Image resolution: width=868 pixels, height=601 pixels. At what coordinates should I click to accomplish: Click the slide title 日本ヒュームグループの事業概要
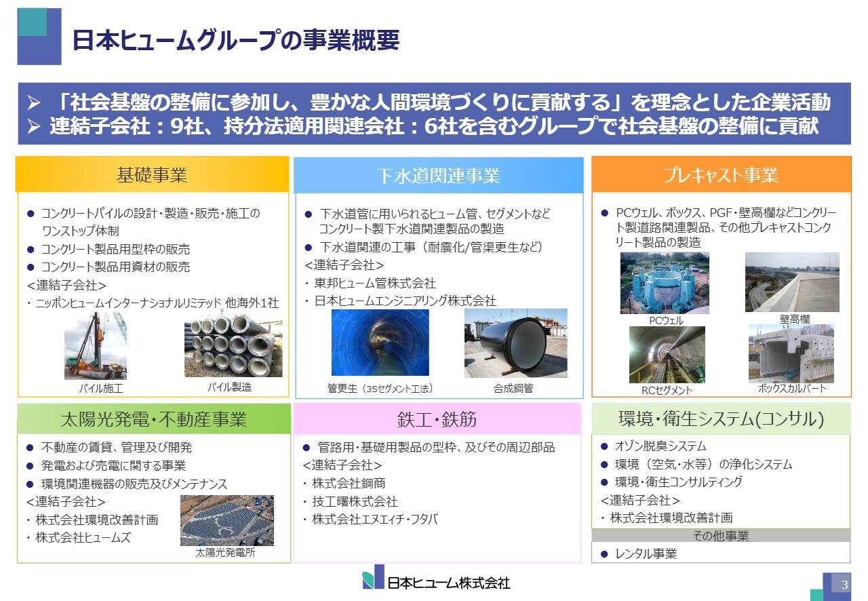[235, 40]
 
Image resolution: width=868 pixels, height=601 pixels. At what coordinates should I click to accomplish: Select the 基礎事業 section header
[152, 176]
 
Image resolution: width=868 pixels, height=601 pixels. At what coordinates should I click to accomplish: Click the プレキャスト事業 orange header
[721, 176]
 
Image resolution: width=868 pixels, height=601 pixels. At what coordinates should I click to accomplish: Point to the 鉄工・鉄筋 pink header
[437, 419]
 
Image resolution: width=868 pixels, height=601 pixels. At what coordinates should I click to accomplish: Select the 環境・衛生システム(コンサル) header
[720, 419]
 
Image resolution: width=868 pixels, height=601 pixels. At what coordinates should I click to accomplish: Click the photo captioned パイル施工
[96, 345]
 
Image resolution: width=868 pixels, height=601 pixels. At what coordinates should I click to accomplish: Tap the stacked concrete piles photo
[229, 345]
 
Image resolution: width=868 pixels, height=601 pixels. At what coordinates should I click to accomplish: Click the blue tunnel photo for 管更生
[380, 343]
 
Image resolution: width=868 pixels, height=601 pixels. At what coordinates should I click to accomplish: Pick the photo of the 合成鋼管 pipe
[515, 343]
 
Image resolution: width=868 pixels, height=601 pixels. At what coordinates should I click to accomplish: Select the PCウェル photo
[665, 283]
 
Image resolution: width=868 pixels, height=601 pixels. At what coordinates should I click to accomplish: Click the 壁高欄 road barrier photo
[791, 282]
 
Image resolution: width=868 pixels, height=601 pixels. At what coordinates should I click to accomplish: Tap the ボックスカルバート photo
[791, 353]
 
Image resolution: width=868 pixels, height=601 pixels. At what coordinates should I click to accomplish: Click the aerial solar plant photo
[226, 520]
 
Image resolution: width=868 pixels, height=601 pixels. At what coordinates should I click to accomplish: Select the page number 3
[844, 585]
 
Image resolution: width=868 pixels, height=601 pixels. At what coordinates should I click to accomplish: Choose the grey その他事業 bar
[720, 536]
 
